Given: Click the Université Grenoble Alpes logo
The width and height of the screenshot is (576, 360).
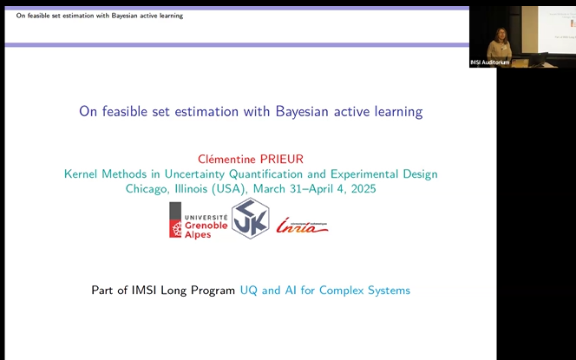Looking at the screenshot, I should click(198, 220).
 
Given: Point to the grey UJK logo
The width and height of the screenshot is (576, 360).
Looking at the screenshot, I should click(250, 219).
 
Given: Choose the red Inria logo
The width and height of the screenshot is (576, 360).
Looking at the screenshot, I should click(302, 226).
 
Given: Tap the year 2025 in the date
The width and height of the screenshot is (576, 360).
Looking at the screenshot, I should click(361, 188).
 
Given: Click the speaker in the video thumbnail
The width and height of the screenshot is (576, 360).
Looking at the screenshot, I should click(501, 39).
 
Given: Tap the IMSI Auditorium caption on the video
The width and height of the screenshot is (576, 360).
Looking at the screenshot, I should click(489, 62).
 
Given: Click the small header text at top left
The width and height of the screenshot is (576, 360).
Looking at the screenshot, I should click(99, 16).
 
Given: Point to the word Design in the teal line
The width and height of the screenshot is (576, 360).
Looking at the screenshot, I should click(418, 173).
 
